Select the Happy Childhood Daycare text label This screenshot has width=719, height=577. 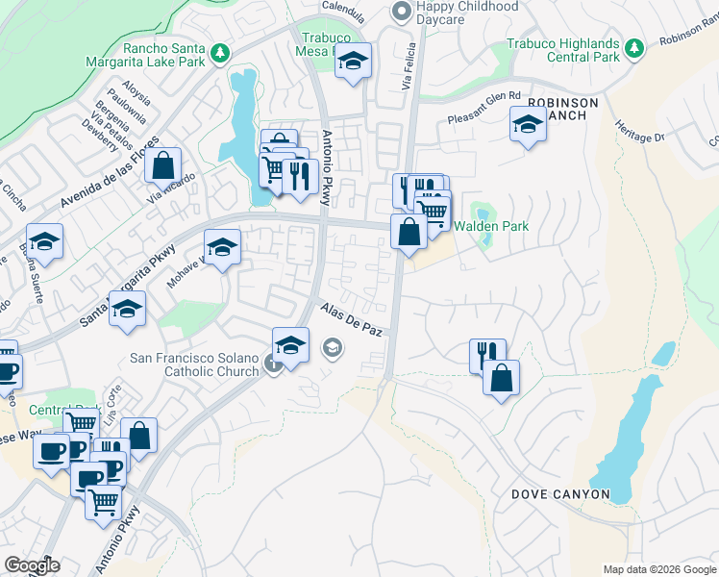[466, 13]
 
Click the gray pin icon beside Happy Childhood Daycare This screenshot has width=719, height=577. [401, 11]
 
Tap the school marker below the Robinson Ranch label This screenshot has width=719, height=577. [527, 123]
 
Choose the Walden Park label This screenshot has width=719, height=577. [492, 227]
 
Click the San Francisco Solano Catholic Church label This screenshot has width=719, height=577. [195, 364]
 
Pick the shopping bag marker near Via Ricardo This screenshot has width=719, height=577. [163, 164]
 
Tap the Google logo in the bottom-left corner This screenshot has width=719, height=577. [32, 565]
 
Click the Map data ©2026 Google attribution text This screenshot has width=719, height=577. [659, 569]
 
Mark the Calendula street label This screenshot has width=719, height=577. [343, 6]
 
